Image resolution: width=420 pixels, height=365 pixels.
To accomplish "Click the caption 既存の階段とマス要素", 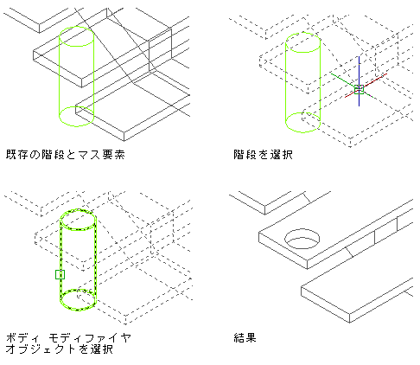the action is (x=66, y=155).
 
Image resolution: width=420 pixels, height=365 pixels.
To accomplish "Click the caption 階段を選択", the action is (x=263, y=155).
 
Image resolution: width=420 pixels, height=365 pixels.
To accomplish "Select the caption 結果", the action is (x=245, y=337).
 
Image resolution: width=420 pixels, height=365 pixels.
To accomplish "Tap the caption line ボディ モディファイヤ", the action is (x=68, y=337).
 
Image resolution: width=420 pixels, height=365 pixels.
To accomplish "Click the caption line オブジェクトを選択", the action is (x=59, y=349).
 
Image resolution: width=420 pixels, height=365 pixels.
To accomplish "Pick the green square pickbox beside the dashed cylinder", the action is (x=60, y=274).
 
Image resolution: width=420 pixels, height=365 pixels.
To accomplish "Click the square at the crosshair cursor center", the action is (x=359, y=89).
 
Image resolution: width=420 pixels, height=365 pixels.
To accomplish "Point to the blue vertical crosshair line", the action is (x=359, y=81).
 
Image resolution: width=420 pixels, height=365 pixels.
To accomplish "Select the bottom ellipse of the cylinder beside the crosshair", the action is (x=302, y=132).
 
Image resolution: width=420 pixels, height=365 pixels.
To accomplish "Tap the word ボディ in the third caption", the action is (x=22, y=337).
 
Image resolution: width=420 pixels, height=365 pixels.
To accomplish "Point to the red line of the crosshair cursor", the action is (x=366, y=86).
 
